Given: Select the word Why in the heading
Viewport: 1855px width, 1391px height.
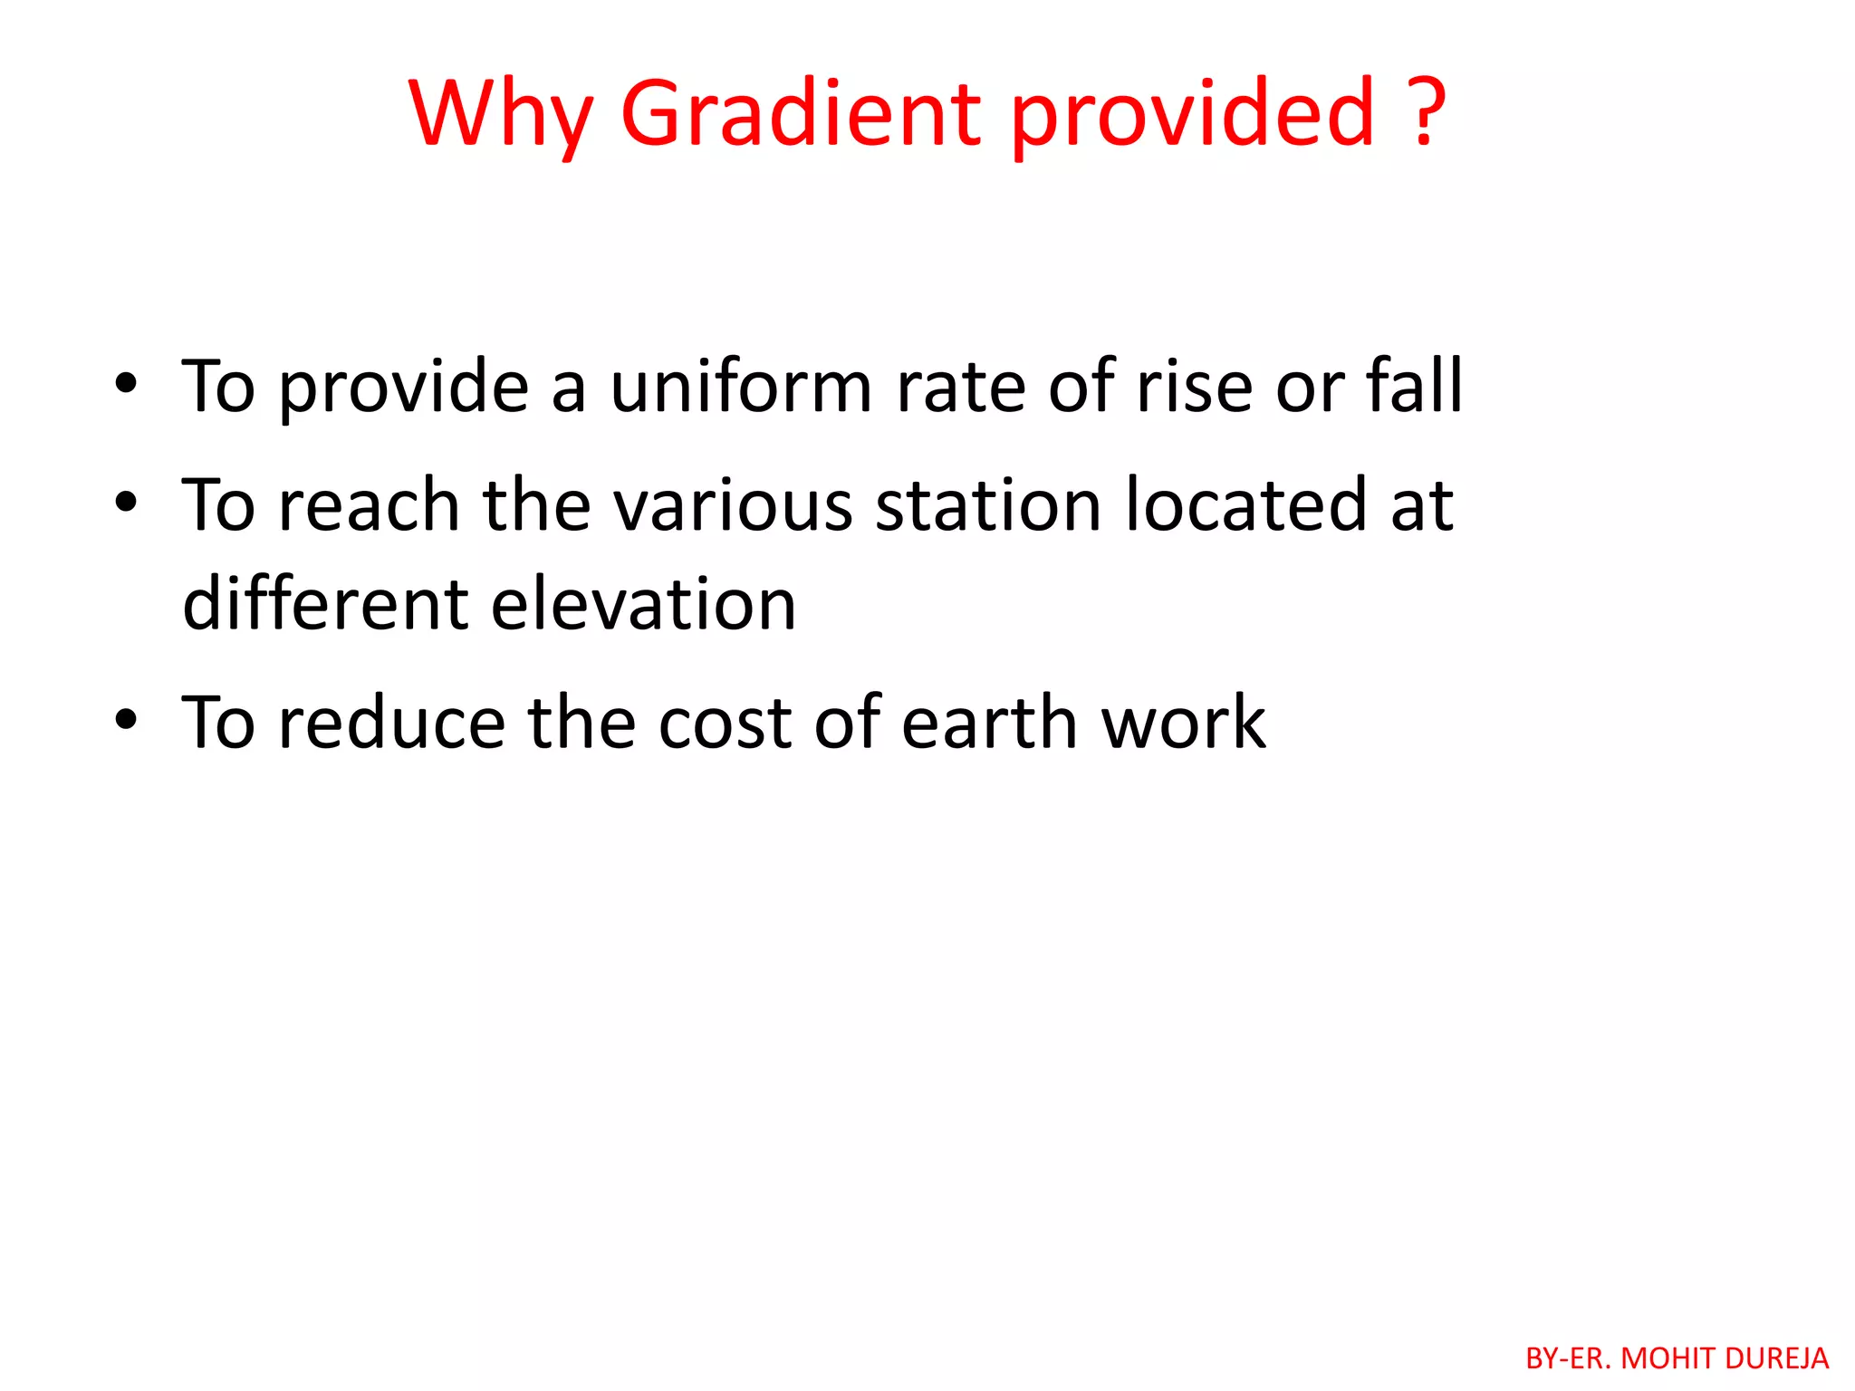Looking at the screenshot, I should tap(501, 115).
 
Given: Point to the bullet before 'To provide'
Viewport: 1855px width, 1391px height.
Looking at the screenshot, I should tap(126, 384).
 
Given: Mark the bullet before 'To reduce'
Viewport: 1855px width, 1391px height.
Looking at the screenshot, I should tap(126, 720).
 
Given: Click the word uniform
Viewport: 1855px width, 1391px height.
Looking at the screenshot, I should tap(741, 387).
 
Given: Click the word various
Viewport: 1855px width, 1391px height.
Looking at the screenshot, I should tap(733, 505).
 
